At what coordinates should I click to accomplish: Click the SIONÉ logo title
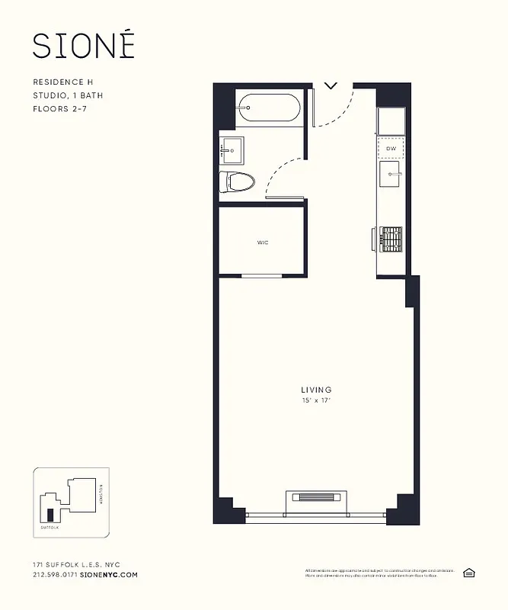coord(84,45)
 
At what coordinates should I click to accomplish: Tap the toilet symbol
coord(235,181)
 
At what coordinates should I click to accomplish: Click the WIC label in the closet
coord(262,242)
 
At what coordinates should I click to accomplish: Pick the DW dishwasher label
coord(391,148)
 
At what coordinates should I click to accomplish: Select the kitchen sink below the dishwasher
coord(391,174)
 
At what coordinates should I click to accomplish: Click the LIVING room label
coord(316,390)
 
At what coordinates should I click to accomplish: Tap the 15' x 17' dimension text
coord(316,400)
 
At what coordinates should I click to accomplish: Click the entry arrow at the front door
coord(331,85)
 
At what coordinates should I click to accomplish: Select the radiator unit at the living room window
coord(316,498)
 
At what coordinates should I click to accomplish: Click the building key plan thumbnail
coord(71,501)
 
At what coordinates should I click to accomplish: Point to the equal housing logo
coord(468,572)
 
